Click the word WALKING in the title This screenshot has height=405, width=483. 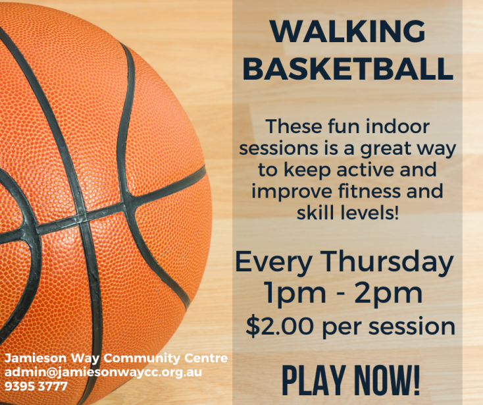click(348, 32)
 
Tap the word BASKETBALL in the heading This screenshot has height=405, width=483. click(348, 68)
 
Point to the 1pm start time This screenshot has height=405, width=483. click(295, 294)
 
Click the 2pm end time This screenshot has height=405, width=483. click(388, 294)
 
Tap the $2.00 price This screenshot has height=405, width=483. click(280, 327)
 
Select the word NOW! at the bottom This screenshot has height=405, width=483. click(387, 380)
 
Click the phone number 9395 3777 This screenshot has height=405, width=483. click(36, 386)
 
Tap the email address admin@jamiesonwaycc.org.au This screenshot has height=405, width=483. click(103, 372)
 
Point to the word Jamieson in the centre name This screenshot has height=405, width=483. click(36, 358)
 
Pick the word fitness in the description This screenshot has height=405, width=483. click(370, 191)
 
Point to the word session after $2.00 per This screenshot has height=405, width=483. click(412, 327)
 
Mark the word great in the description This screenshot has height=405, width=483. click(386, 149)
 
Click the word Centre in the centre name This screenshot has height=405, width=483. click(206, 358)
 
